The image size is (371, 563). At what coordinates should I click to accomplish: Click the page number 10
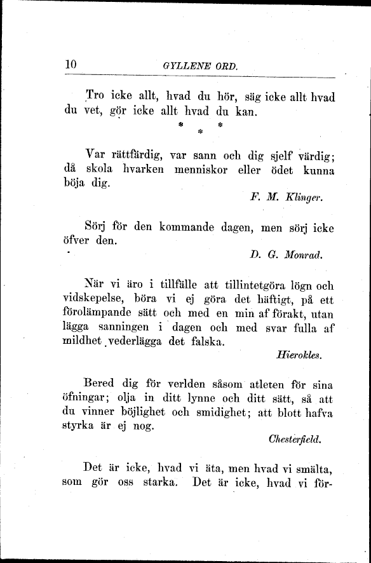pos(71,64)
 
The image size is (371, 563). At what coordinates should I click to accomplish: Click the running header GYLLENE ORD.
pos(199,65)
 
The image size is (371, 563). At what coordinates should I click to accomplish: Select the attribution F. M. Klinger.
pos(287,198)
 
